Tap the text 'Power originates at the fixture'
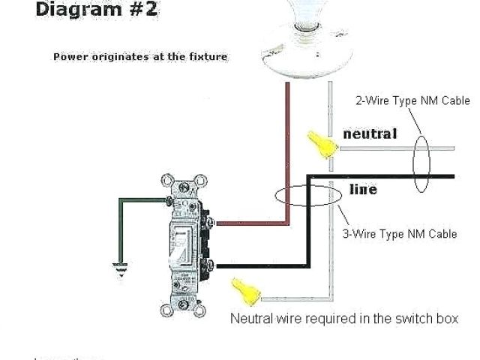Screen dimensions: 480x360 pyautogui.click(x=140, y=57)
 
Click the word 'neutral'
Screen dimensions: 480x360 pyautogui.click(x=370, y=134)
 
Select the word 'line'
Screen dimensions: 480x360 pyautogui.click(x=363, y=190)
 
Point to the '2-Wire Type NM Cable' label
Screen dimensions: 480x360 pyautogui.click(x=412, y=100)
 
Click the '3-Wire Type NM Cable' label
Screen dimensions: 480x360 pyautogui.click(x=400, y=234)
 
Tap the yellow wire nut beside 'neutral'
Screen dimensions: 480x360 pyautogui.click(x=320, y=142)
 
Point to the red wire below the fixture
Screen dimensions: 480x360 pyautogui.click(x=286, y=150)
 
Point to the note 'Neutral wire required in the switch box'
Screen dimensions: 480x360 pyautogui.click(x=343, y=319)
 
